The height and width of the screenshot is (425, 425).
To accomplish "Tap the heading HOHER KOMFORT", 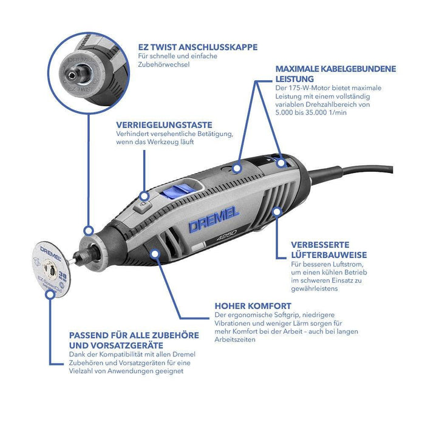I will coord(253,306).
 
